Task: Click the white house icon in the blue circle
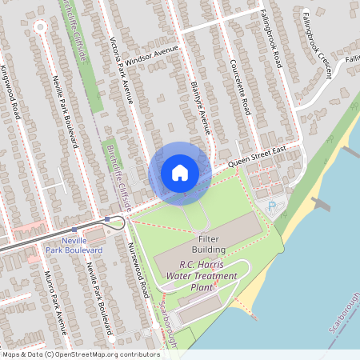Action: point(180,173)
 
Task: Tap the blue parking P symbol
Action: point(272,207)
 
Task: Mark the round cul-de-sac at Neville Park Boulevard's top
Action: point(40,27)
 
